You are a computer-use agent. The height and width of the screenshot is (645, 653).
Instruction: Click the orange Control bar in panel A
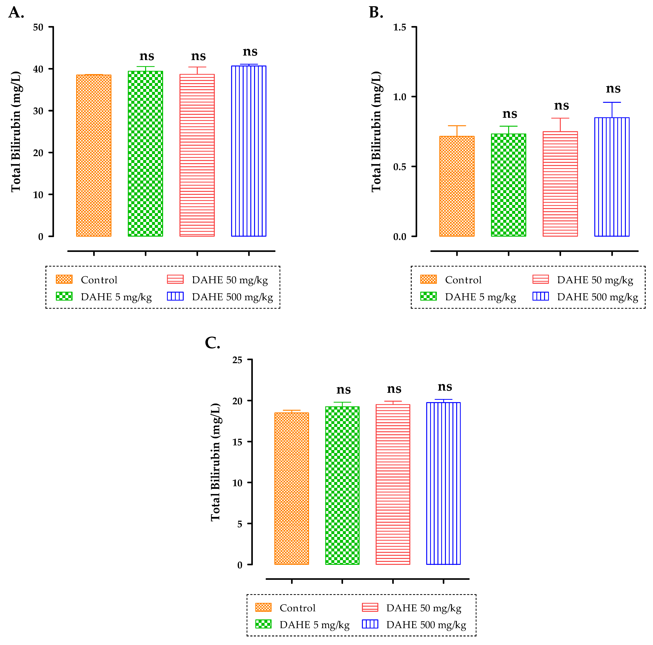(x=94, y=155)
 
